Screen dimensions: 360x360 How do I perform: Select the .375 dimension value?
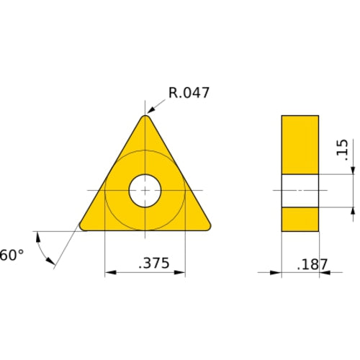coord(153,264)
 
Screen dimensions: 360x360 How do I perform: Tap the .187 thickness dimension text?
coord(312,264)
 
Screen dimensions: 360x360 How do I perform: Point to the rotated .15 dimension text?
coord(341,149)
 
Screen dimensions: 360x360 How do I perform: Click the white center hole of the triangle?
coord(145,191)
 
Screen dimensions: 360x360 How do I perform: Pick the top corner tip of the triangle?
coord(145,117)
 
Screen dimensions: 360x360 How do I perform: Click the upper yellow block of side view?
coord(300,144)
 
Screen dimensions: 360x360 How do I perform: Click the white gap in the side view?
coord(300,191)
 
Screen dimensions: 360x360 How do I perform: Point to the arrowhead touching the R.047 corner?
coord(152,112)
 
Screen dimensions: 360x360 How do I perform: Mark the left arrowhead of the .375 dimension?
coord(110,273)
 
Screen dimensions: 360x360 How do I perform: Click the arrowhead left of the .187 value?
coord(276,273)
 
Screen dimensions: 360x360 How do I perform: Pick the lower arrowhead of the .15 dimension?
coord(353,212)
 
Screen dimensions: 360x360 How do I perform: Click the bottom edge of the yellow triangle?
coord(145,230)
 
